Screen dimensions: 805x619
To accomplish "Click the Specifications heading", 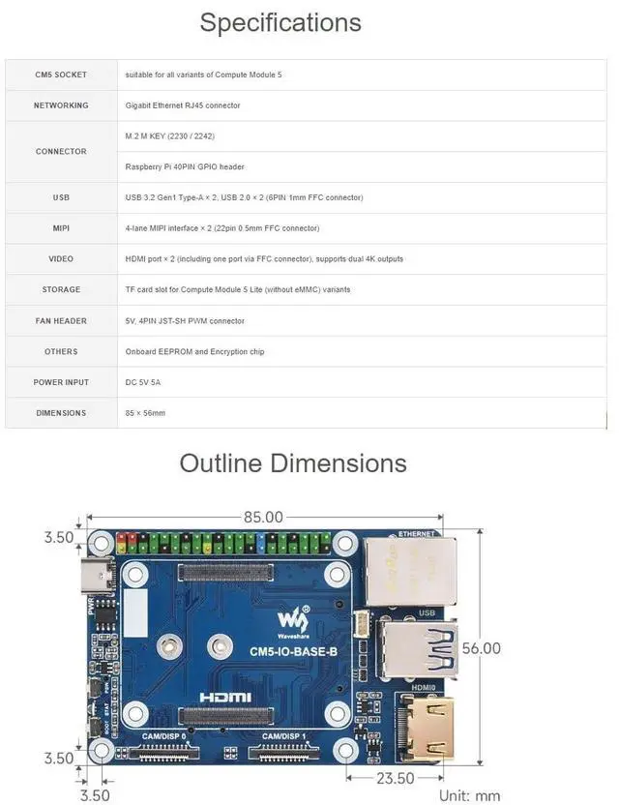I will (280, 22).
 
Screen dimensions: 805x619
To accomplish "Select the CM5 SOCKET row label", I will (61, 75).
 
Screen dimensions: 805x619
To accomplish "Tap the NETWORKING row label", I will (61, 105).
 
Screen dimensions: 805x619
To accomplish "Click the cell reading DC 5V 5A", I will (143, 382).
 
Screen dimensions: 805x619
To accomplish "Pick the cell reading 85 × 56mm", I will (146, 413).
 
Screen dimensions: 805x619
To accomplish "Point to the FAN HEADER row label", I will (61, 321).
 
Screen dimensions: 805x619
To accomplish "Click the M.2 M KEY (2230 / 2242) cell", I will (170, 136).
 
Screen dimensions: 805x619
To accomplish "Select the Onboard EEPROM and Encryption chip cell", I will (194, 351).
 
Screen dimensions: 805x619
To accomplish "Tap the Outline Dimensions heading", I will (293, 462).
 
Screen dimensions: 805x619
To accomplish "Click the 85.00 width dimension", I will (263, 518).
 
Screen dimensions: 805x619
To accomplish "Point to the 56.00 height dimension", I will (480, 648).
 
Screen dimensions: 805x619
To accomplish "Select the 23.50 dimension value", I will (394, 778).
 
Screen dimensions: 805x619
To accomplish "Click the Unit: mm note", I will (469, 795).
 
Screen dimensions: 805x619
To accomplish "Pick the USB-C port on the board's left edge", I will (99, 578).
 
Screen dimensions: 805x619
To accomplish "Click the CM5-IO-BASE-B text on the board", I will (293, 651).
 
